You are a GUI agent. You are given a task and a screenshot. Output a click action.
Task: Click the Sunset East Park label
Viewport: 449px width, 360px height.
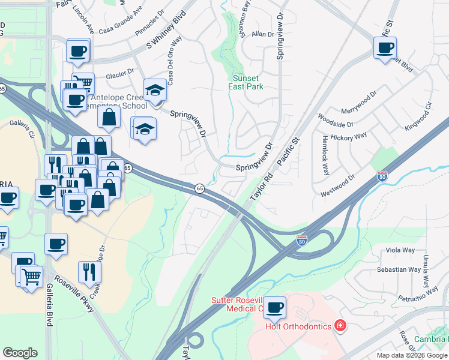click(x=245, y=82)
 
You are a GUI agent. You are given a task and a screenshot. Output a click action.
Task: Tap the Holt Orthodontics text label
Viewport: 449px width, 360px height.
click(x=298, y=326)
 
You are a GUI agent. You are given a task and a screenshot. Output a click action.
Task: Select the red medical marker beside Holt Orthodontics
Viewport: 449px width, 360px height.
click(x=340, y=326)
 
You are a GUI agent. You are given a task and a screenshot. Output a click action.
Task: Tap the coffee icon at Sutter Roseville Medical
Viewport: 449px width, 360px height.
click(x=275, y=308)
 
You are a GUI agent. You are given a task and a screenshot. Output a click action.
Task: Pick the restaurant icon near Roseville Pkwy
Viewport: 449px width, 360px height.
click(x=89, y=272)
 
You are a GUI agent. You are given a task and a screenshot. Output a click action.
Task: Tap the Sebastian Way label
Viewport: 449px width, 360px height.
click(x=399, y=269)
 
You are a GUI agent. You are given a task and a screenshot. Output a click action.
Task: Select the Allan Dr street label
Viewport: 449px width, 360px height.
click(x=262, y=35)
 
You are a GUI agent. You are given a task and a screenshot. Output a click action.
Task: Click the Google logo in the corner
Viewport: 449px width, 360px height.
click(x=20, y=353)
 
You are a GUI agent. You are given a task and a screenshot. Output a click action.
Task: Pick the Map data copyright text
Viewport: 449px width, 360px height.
click(x=412, y=355)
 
